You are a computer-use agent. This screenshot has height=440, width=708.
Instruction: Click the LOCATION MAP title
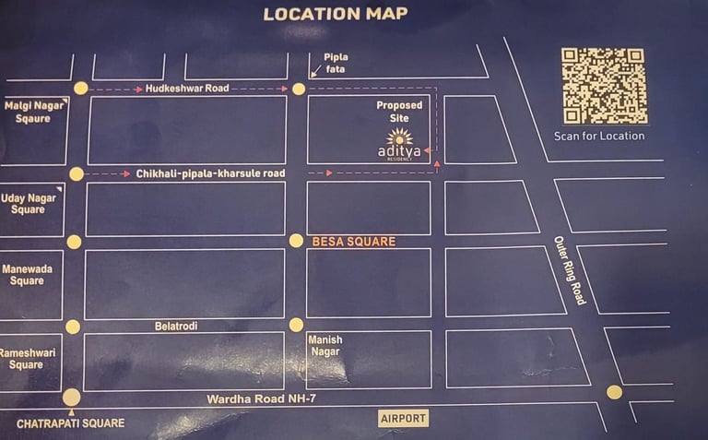click(335, 14)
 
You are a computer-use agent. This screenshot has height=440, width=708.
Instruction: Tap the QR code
click(604, 86)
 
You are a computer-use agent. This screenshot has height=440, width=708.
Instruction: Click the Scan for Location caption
click(599, 137)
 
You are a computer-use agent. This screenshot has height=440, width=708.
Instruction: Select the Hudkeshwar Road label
click(187, 89)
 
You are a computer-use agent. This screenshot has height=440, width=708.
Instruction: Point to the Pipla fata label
click(336, 63)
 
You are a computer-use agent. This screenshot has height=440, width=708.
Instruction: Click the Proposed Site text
click(399, 112)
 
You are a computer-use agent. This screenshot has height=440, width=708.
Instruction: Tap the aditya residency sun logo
click(399, 137)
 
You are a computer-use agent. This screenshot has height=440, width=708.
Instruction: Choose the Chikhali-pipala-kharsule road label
click(210, 173)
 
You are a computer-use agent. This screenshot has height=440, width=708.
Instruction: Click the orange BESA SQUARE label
click(354, 242)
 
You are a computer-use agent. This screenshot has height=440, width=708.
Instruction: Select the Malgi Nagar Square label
click(27, 112)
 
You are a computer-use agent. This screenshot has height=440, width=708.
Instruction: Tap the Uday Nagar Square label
click(28, 204)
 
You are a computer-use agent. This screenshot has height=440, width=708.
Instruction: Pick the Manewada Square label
click(28, 275)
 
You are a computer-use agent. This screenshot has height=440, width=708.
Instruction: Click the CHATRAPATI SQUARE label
click(70, 423)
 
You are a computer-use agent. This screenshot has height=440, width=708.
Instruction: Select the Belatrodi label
click(177, 326)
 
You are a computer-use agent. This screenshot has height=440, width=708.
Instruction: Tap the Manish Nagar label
click(324, 346)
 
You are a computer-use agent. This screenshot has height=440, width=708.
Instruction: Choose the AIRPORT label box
click(404, 419)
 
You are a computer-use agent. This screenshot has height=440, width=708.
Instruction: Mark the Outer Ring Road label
click(570, 270)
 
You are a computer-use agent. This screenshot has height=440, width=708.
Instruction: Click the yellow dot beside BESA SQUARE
click(296, 241)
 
